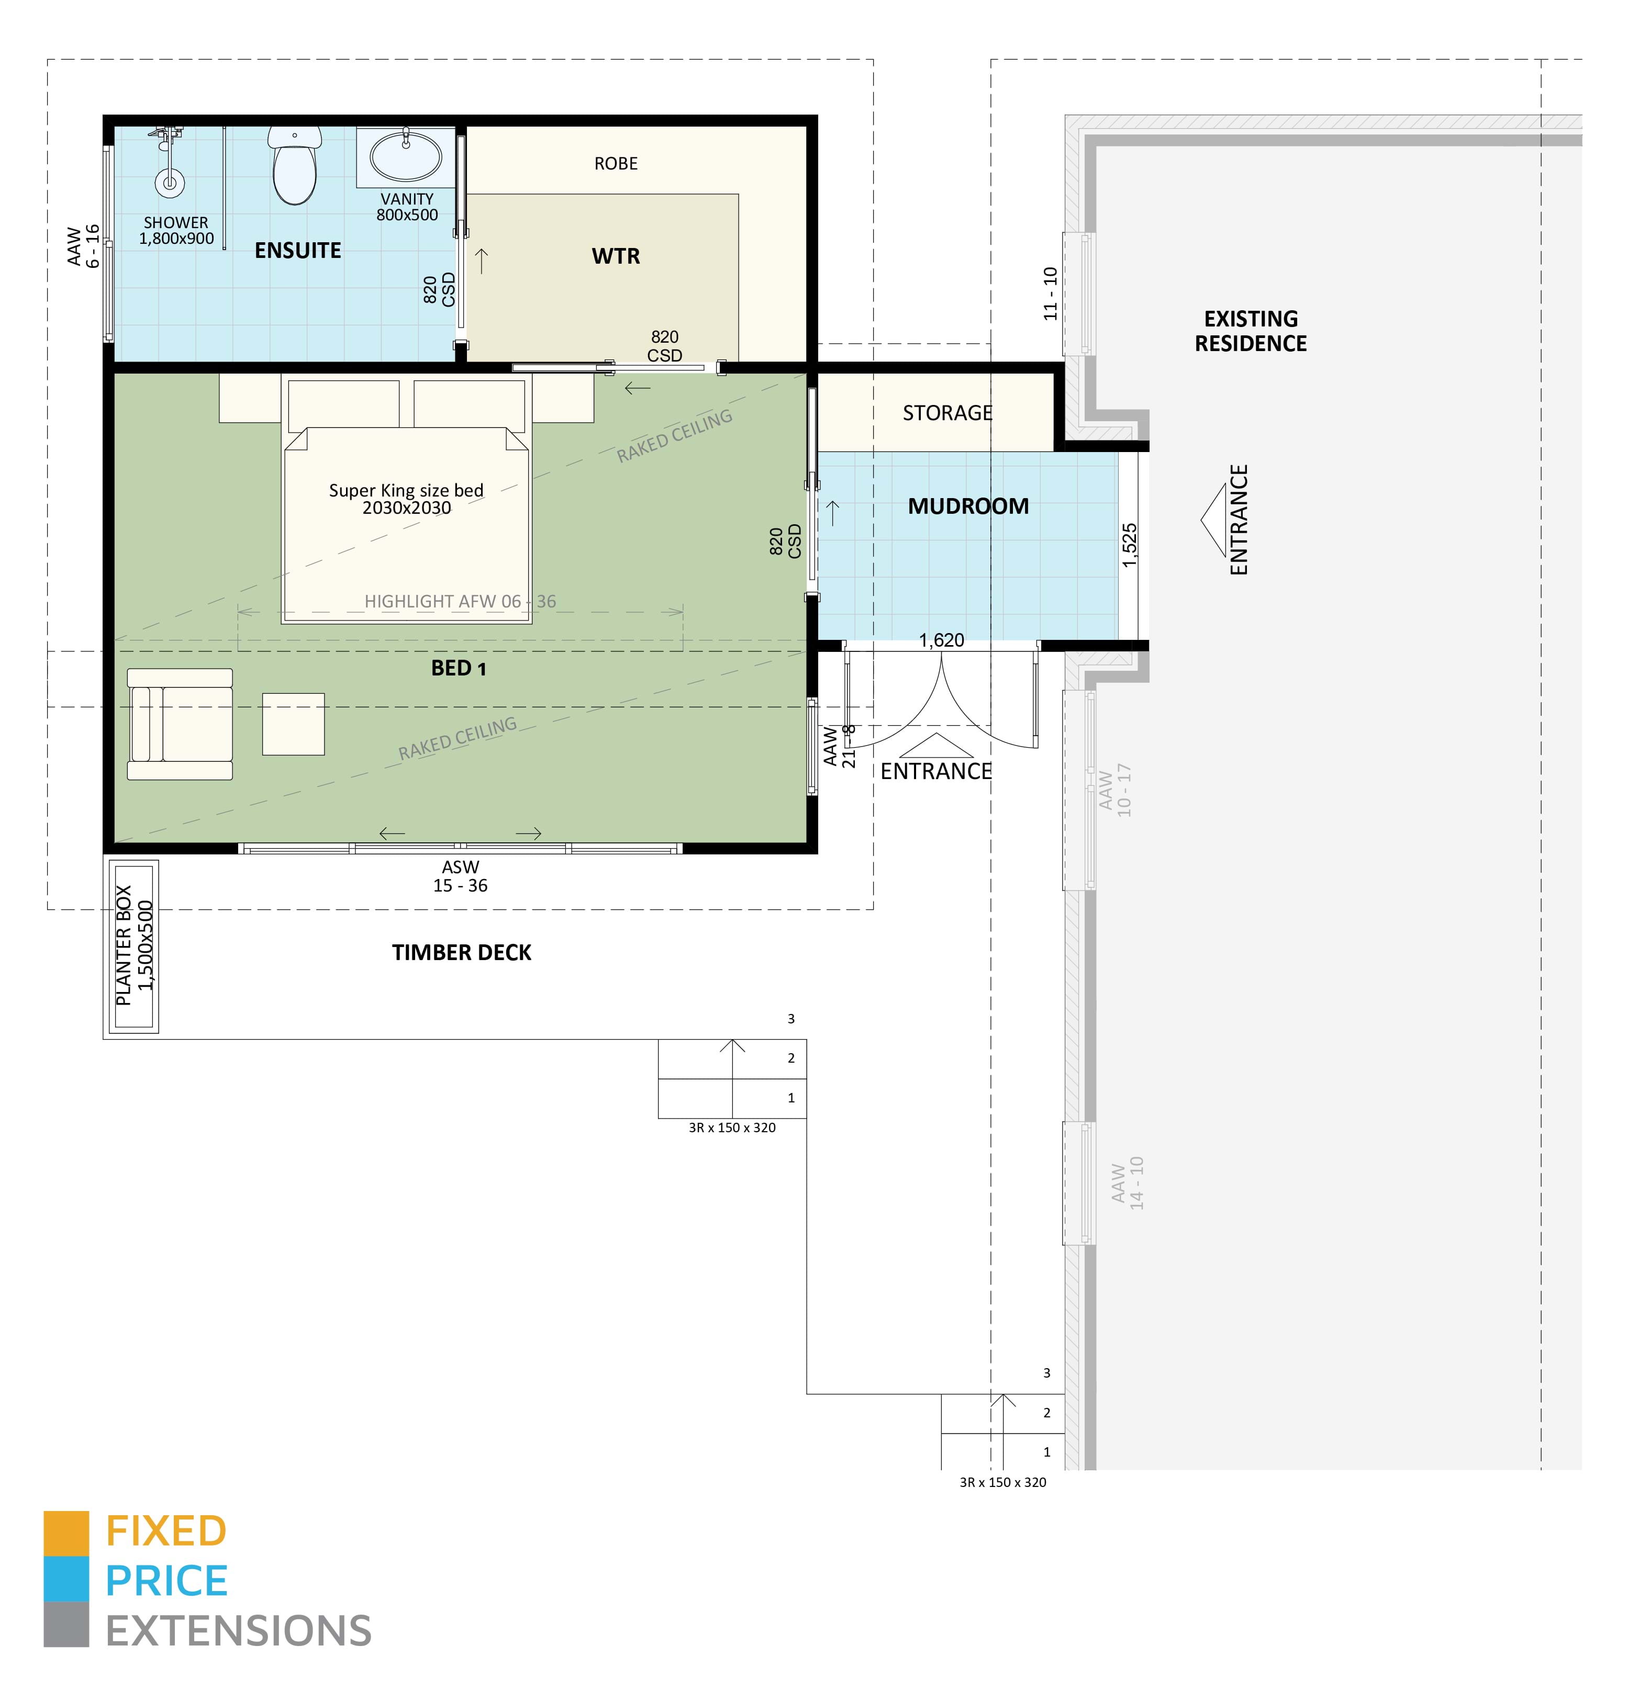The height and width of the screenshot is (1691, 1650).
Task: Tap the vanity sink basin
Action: pyautogui.click(x=406, y=156)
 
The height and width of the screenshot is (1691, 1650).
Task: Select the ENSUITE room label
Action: pyautogui.click(x=298, y=251)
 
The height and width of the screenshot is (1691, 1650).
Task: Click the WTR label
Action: pyautogui.click(x=616, y=256)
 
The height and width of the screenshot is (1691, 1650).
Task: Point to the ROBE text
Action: pyautogui.click(x=616, y=164)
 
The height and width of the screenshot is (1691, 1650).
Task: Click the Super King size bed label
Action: pyautogui.click(x=406, y=499)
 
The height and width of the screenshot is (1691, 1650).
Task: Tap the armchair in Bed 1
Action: pyautogui.click(x=180, y=724)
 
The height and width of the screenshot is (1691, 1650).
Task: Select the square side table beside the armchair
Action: pyautogui.click(x=294, y=724)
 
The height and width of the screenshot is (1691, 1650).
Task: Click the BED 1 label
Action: pyautogui.click(x=459, y=668)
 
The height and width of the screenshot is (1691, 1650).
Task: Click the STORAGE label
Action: pyautogui.click(x=948, y=413)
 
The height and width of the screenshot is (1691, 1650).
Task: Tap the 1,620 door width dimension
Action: pyautogui.click(x=942, y=640)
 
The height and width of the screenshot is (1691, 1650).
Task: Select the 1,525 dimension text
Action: pyautogui.click(x=1129, y=546)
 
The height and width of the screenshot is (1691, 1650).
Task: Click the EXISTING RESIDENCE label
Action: pyautogui.click(x=1251, y=331)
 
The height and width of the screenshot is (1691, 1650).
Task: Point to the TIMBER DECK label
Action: pyautogui.click(x=462, y=953)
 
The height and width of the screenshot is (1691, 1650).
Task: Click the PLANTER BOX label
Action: pyautogui.click(x=124, y=945)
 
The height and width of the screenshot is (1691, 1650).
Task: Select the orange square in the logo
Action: pyautogui.click(x=66, y=1534)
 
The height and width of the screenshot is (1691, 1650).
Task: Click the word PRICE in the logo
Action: pyautogui.click(x=166, y=1581)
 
